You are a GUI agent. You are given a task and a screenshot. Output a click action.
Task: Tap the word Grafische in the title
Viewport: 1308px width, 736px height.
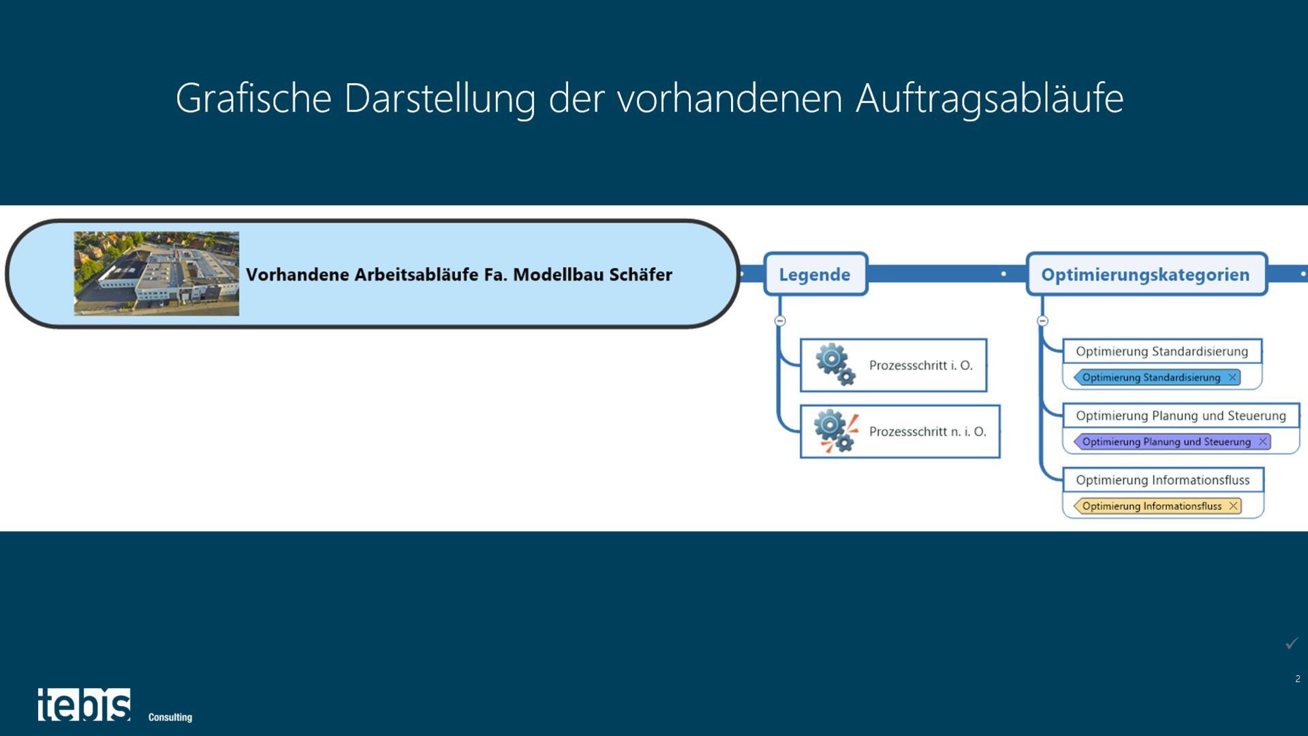pyautogui.click(x=253, y=97)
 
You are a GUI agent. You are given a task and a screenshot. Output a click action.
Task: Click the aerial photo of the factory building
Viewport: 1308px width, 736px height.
pyautogui.click(x=156, y=273)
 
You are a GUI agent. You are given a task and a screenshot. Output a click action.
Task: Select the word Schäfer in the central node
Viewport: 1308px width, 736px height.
pyautogui.click(x=640, y=275)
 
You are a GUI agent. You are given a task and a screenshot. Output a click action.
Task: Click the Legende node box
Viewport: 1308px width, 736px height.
pyautogui.click(x=815, y=275)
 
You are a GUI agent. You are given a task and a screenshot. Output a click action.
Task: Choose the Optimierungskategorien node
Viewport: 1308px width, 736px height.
pyautogui.click(x=1145, y=275)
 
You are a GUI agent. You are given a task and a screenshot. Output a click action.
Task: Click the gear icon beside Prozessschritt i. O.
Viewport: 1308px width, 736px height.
pyautogui.click(x=835, y=365)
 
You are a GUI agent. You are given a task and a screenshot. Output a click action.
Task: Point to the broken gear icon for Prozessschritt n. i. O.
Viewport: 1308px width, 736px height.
pyautogui.click(x=835, y=431)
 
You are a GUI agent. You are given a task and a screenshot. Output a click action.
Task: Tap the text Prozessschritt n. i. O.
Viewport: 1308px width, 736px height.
pyautogui.click(x=927, y=431)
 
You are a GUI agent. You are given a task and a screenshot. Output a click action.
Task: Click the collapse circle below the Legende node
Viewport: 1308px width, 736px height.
pyautogui.click(x=780, y=321)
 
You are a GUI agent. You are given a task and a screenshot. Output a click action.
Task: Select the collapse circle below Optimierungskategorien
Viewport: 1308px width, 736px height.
pyautogui.click(x=1042, y=321)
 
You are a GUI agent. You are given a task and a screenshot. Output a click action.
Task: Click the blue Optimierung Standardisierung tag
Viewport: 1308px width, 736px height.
pyautogui.click(x=1151, y=378)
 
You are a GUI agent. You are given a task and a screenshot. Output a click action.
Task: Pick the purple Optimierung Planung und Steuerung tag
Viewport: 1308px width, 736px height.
pyautogui.click(x=1166, y=442)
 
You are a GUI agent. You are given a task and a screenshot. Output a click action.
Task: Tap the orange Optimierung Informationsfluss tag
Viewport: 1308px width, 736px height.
pyautogui.click(x=1151, y=506)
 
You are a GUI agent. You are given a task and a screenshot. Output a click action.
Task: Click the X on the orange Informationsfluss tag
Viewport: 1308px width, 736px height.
pyautogui.click(x=1233, y=506)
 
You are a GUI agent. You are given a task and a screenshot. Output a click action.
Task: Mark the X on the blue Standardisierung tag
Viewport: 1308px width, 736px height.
pyautogui.click(x=1232, y=378)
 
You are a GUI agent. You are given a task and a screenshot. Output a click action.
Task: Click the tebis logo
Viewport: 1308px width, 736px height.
pyautogui.click(x=84, y=705)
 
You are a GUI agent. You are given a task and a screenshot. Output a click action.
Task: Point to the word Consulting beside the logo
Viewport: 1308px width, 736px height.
pyautogui.click(x=170, y=717)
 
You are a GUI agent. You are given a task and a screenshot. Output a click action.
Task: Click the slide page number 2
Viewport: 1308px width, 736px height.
pyautogui.click(x=1297, y=679)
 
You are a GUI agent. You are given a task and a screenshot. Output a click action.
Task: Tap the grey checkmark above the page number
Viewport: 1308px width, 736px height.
pyautogui.click(x=1292, y=643)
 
